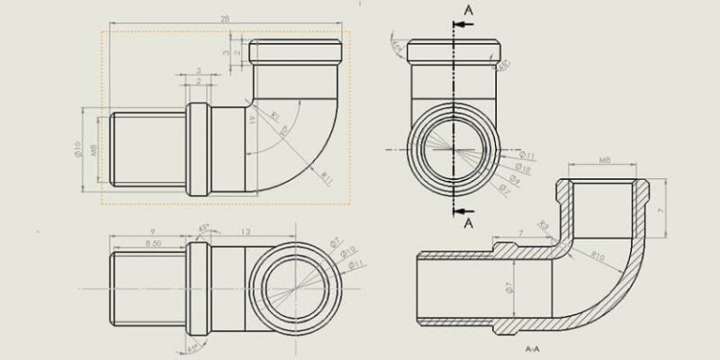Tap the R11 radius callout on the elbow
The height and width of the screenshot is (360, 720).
coord(326,175)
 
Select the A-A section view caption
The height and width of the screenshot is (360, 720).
coord(532,348)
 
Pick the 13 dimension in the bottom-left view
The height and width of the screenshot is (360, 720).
coord(245,232)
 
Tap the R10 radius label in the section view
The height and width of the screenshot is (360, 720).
coord(597,255)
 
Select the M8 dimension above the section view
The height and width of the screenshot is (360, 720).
coord(605,162)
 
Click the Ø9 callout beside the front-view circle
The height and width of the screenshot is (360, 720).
coord(515,178)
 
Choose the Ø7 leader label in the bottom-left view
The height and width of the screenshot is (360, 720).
coord(336,243)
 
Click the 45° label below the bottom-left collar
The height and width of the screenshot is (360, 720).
coord(193,348)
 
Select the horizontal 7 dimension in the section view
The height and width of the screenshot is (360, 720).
coord(520,231)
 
